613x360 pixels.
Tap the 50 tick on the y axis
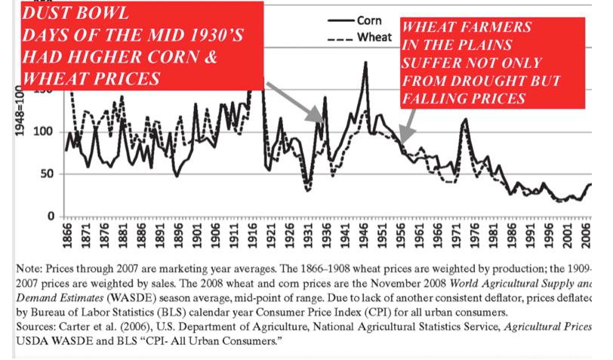[50, 174]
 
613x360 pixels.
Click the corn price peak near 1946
[366, 63]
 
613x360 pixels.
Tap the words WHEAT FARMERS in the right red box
[467, 28]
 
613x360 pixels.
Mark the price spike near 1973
[464, 120]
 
